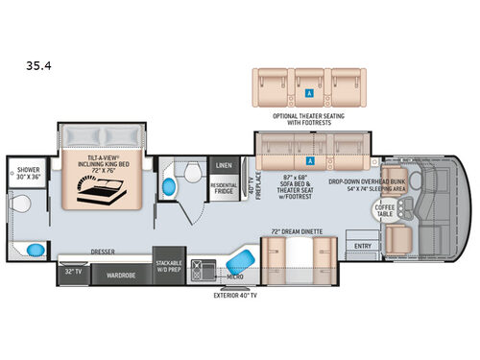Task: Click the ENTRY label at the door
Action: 364,246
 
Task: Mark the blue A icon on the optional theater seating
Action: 309,95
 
